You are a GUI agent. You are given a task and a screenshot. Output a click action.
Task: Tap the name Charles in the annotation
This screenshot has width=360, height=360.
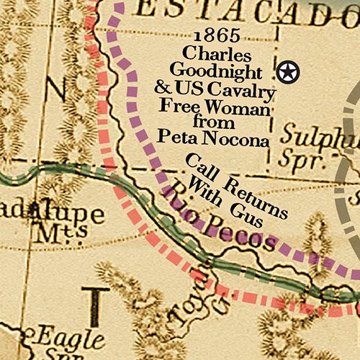point(217,55)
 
